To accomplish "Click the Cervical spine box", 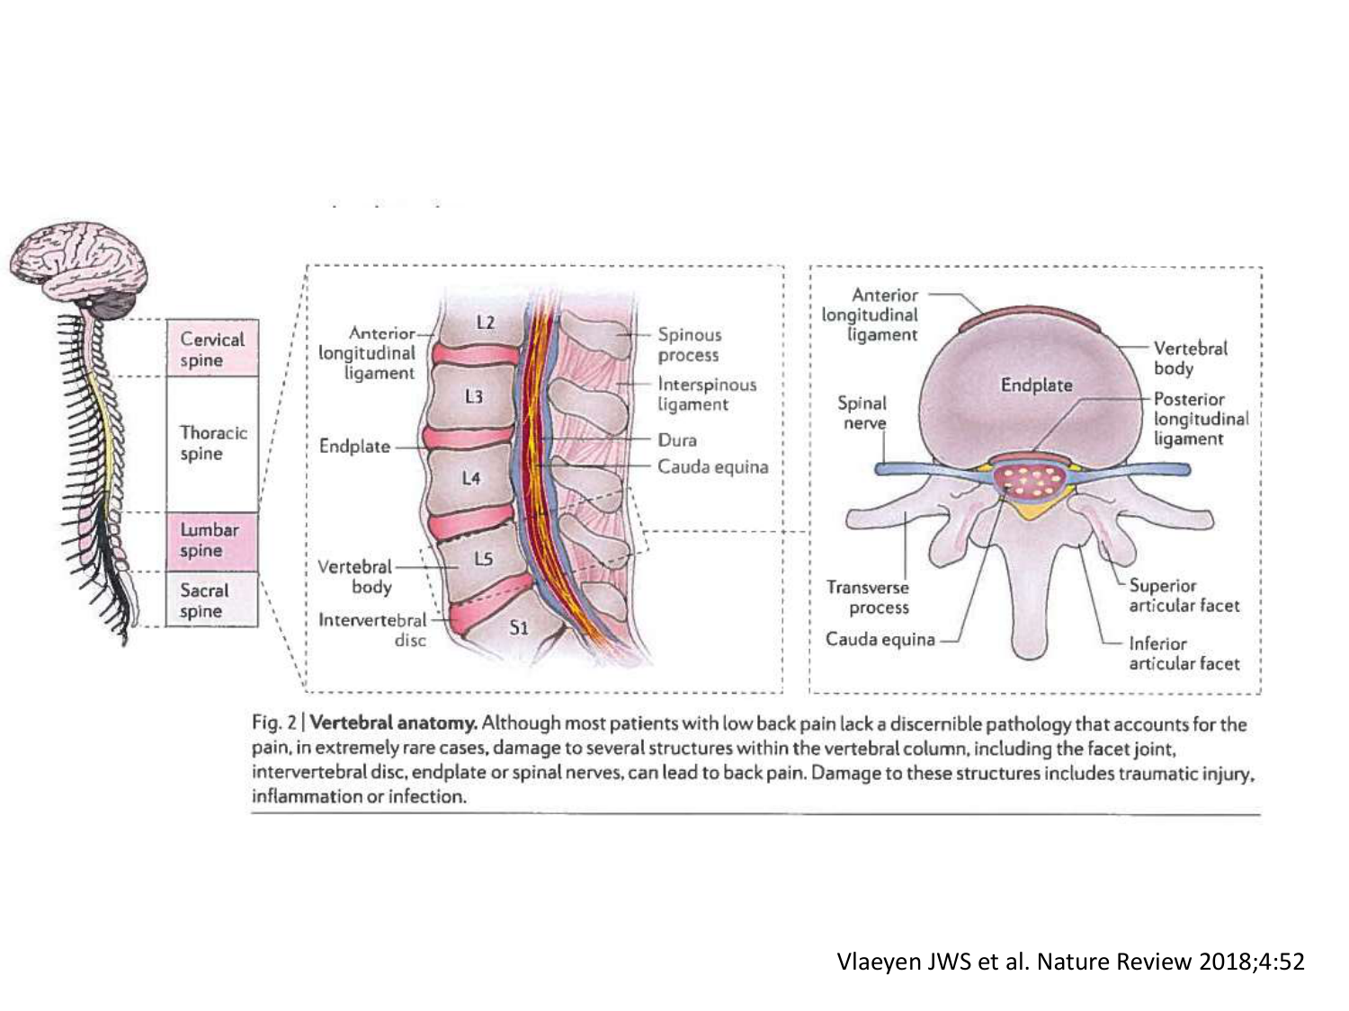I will pos(212,349).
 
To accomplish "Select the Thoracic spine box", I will pos(212,443).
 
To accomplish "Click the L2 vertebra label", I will pos(485,321).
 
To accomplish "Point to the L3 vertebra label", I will pos(474,395).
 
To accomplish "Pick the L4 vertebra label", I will pos(471,478).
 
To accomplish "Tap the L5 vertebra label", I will pos(484,559).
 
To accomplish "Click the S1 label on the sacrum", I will pos(519,627).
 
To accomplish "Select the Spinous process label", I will pos(689,344).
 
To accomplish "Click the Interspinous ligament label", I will pos(707,394).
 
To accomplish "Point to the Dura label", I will pos(677,439).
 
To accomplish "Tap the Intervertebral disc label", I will pos(373,629).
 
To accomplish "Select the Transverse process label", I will pos(868,597).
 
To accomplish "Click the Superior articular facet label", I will pos(1184,595).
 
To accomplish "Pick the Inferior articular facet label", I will pos(1184,653).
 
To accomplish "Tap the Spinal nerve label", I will pos(862,412).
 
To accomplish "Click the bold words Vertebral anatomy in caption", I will pos(393,723).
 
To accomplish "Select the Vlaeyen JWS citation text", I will pos(1069,962).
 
